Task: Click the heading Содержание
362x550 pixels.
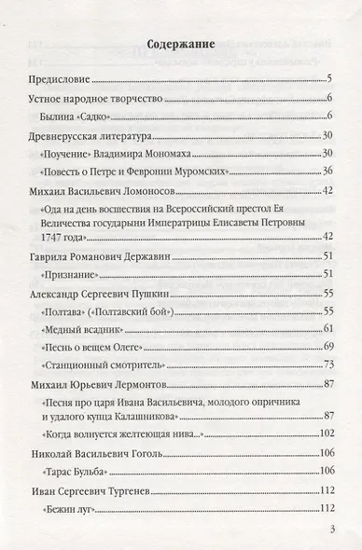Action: pyautogui.click(x=180, y=43)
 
